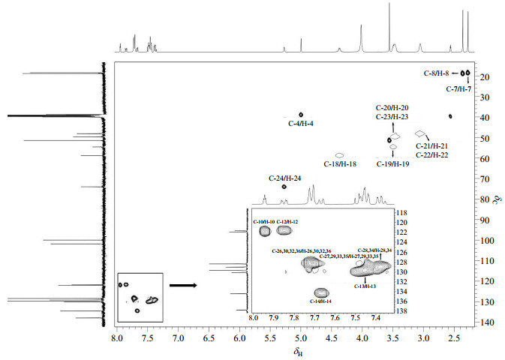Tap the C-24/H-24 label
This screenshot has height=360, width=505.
[284, 178]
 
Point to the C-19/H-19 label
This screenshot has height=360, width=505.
[392, 163]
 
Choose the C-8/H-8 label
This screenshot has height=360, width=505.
[436, 73]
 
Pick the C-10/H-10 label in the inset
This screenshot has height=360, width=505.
[263, 222]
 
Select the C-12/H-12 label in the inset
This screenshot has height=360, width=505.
[287, 222]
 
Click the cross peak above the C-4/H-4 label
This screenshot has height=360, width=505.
[301, 114]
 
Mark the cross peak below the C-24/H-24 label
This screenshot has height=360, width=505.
[284, 187]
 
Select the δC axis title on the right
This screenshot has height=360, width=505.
[496, 199]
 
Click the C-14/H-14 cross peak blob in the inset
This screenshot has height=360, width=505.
[321, 292]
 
